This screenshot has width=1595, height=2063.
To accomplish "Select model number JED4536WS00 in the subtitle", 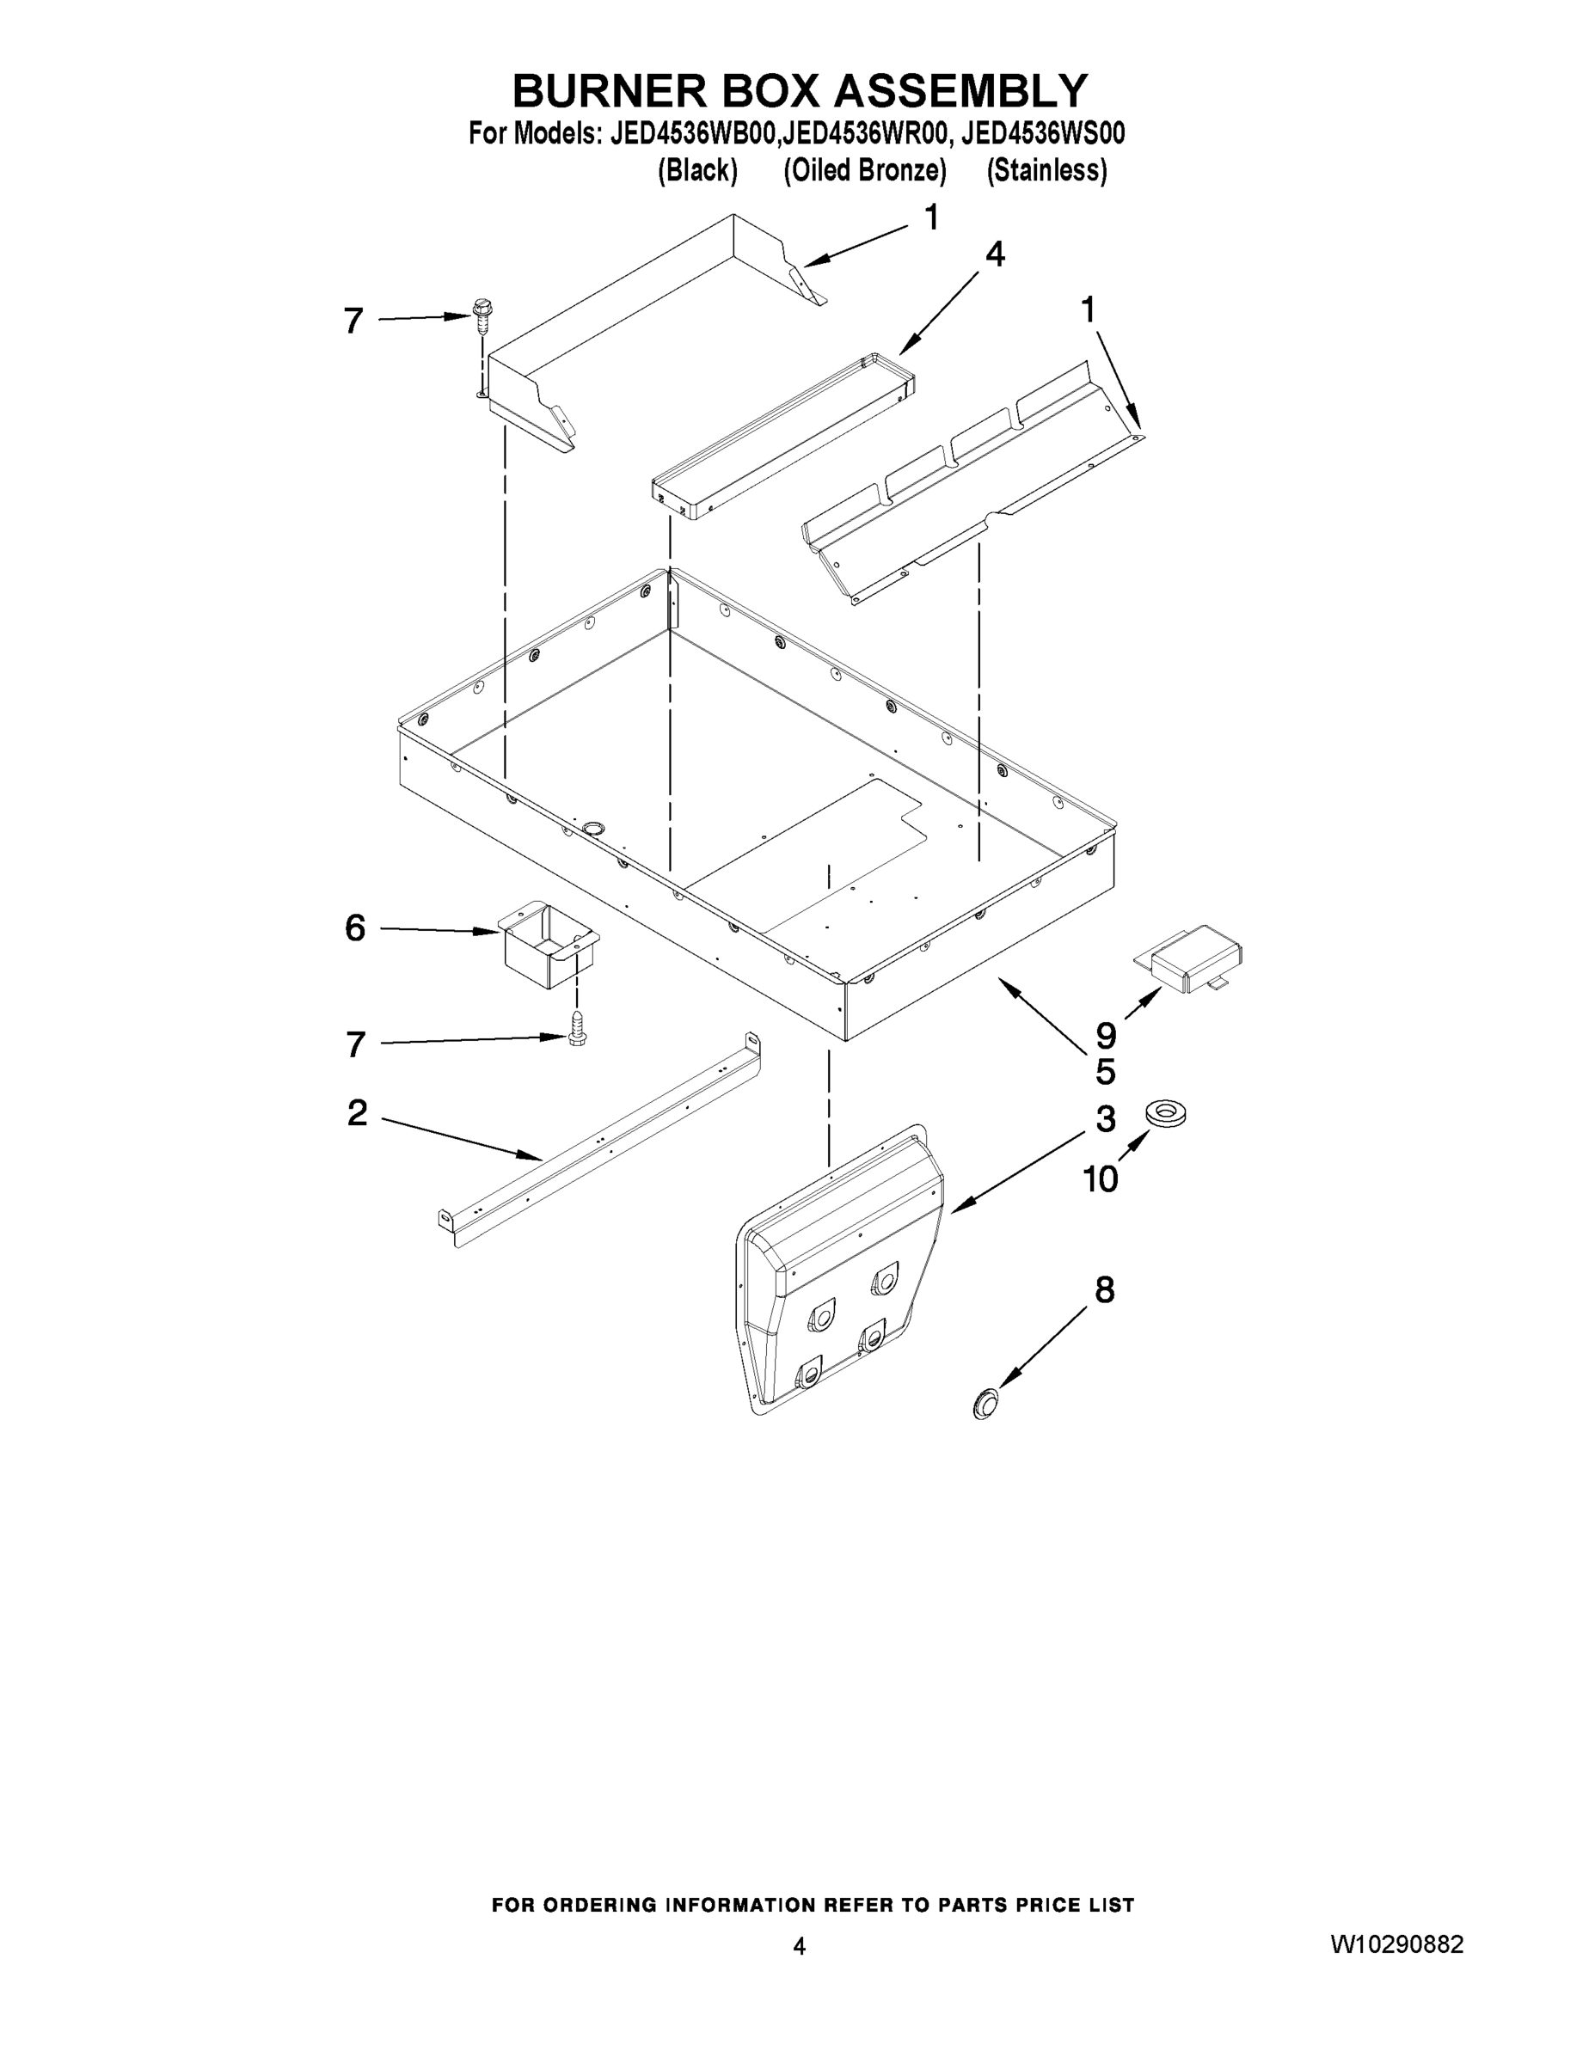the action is point(1042,134).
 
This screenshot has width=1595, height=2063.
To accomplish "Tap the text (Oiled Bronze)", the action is point(865,171).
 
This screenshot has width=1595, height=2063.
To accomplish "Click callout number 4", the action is point(994,254).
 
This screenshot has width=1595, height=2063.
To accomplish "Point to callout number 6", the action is point(355,928).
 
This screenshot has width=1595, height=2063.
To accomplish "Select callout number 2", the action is point(357,1113).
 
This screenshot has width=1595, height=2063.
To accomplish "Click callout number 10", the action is point(1100,1178).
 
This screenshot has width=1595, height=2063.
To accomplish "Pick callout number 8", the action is point(1105,1289).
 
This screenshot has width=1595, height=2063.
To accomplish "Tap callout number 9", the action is point(1106,1035).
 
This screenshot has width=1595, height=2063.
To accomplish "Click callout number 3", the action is point(1106,1119).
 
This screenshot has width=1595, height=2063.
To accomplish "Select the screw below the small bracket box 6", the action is point(574,1027).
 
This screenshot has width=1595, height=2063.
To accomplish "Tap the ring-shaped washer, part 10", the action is point(1167,1114).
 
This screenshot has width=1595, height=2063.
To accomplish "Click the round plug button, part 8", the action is point(985,1403).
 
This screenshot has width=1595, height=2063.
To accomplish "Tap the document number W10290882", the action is point(1396,1945).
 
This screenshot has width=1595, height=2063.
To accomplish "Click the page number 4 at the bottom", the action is point(800,1946).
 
